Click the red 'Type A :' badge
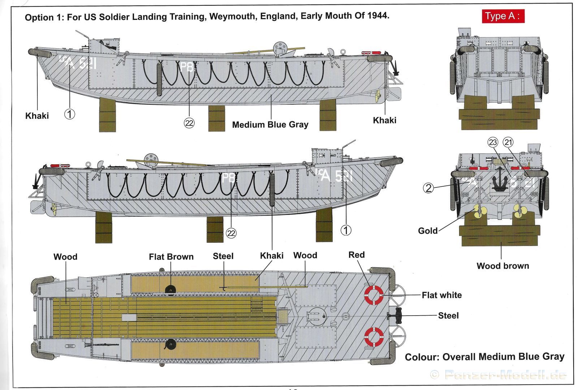(x=502, y=16)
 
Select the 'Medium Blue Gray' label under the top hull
(x=270, y=125)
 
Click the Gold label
(x=428, y=231)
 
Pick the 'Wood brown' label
(x=502, y=266)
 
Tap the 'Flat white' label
(x=441, y=295)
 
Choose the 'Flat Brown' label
(x=171, y=257)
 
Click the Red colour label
(x=357, y=255)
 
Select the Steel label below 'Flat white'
(x=448, y=316)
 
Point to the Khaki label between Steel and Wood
(x=272, y=256)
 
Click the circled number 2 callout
(x=428, y=188)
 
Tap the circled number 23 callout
(x=493, y=142)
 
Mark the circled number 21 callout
(x=508, y=142)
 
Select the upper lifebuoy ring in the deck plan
(x=374, y=295)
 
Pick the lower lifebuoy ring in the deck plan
(x=374, y=337)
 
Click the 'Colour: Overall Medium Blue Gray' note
(x=484, y=357)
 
